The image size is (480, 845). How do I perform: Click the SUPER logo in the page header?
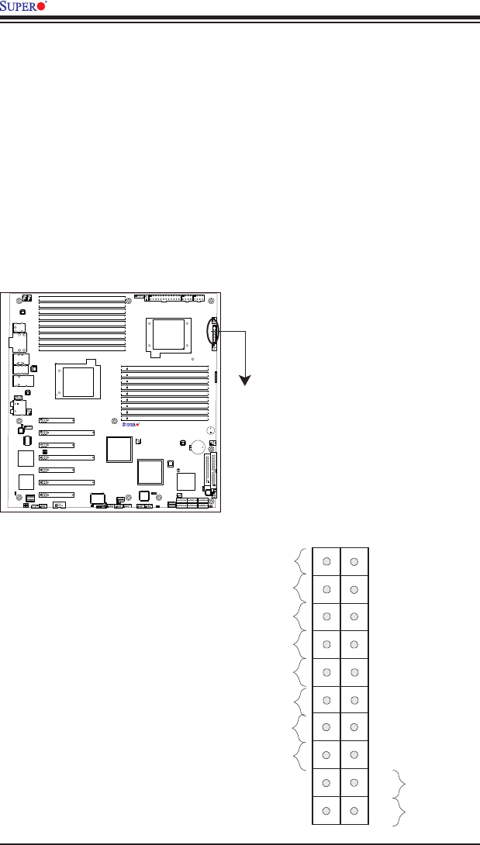click(25, 6)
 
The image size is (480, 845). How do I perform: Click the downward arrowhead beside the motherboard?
click(245, 381)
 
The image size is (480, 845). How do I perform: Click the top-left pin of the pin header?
click(326, 561)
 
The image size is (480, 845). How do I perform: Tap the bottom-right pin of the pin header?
click(354, 810)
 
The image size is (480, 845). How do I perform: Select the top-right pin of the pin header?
click(354, 561)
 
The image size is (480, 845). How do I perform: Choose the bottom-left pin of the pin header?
click(326, 810)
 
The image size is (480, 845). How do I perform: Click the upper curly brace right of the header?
click(399, 782)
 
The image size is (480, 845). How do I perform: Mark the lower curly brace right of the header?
click(399, 810)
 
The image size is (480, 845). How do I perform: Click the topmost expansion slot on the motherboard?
click(57, 420)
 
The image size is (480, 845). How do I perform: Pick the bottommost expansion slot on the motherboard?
click(57, 495)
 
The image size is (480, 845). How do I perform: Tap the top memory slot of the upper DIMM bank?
click(81, 298)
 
